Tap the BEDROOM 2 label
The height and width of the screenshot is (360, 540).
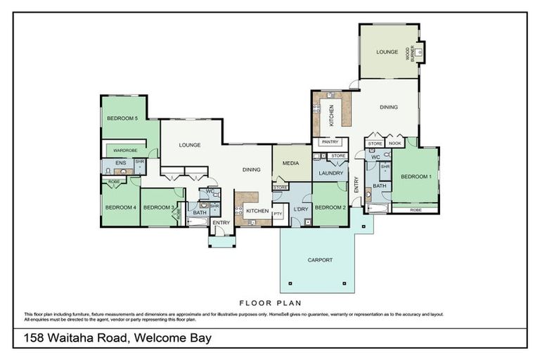pos(330,207)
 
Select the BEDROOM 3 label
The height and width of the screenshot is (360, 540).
pos(158,207)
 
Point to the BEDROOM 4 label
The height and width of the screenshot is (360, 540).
pos(120,207)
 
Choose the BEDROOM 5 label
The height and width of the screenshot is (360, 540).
pos(122,119)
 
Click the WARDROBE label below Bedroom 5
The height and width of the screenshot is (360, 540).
pos(125,150)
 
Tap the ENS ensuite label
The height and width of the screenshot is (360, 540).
pos(120,162)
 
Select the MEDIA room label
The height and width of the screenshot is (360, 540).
pos(290,163)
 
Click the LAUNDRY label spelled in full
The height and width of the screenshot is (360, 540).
pos(330,173)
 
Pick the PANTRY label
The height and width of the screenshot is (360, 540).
pos(329,142)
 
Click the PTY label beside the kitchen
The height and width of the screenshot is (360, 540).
pos(278,214)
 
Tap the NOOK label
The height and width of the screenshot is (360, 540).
pos(394,143)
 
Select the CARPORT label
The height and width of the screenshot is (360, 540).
pos(320,260)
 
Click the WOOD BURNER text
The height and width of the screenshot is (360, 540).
pos(409,51)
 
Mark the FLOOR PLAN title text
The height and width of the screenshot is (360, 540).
pos(270,303)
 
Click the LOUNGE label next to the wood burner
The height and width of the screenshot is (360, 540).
pos(387,52)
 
